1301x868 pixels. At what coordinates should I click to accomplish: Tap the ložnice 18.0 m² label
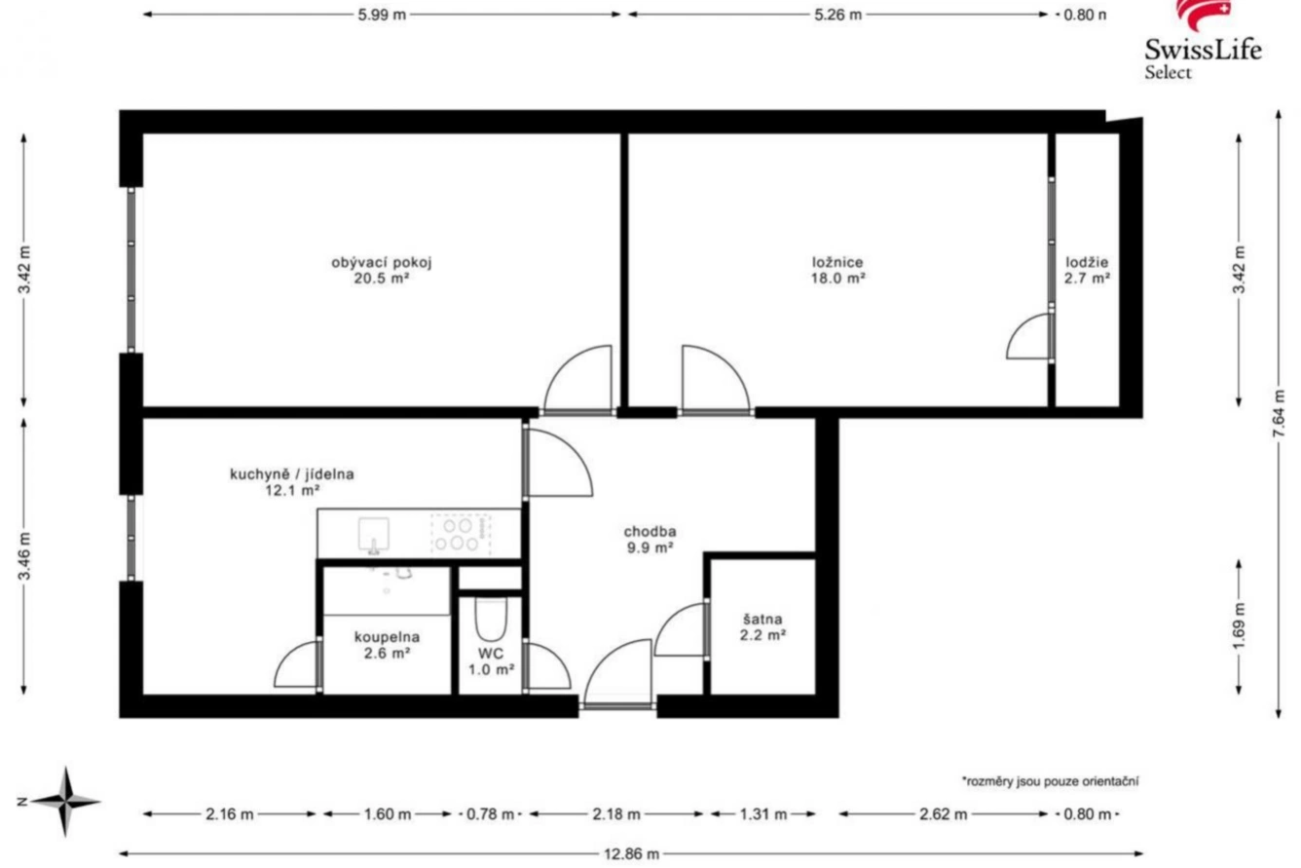click(x=837, y=270)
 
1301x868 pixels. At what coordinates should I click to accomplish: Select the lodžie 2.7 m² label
click(x=1087, y=270)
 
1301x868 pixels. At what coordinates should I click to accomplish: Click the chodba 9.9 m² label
click(x=650, y=539)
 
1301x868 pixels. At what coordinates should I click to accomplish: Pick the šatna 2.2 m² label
click(x=762, y=627)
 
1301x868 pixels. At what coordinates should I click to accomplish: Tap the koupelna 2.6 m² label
click(x=387, y=645)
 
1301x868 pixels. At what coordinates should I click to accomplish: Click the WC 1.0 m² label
click(x=491, y=661)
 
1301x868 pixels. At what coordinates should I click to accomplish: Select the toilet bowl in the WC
click(x=491, y=620)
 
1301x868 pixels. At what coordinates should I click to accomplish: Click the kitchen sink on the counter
click(x=374, y=535)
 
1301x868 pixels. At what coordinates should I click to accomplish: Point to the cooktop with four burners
click(x=461, y=534)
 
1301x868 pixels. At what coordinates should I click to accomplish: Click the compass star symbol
click(x=65, y=802)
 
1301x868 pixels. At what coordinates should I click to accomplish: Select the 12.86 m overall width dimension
click(x=631, y=854)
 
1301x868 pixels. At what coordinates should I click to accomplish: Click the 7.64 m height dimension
click(x=1279, y=414)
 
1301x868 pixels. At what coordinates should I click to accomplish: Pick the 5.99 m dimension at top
click(x=382, y=15)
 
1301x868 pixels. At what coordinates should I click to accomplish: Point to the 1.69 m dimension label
click(x=1239, y=627)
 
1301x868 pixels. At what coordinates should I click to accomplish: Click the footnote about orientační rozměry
click(x=1050, y=781)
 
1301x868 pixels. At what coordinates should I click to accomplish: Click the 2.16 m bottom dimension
click(x=230, y=814)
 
